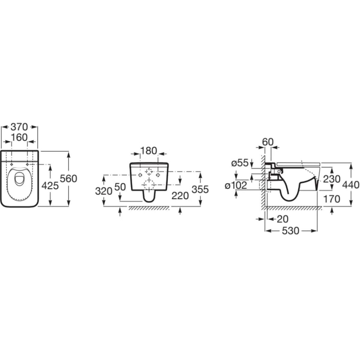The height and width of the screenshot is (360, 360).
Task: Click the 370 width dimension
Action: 19,127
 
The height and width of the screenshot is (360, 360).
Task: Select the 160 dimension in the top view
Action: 19,138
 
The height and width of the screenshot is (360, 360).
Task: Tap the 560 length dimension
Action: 68,179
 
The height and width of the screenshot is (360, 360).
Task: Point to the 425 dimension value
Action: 50,186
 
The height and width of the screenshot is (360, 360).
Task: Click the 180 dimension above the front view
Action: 149,151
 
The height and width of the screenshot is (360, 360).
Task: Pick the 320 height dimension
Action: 104,191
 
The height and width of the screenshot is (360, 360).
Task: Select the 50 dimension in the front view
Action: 120,187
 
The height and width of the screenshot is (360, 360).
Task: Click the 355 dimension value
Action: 200,190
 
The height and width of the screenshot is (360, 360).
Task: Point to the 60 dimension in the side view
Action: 268,142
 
